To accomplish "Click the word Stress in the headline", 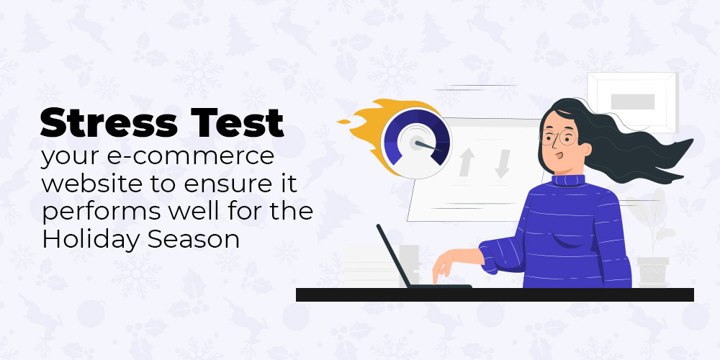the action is point(108,123).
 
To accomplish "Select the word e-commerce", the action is point(185,158).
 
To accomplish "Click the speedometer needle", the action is point(426,145).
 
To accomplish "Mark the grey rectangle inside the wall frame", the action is point(633,102).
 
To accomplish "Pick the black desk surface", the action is point(495,294).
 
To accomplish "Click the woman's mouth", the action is point(559,155).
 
